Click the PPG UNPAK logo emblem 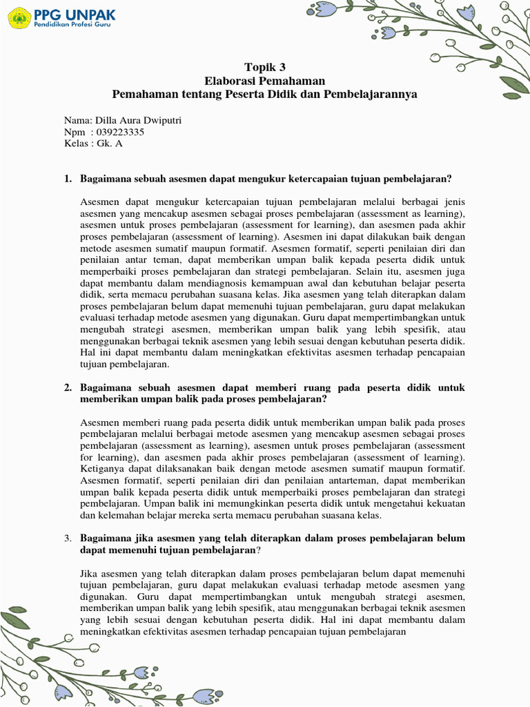(19, 18)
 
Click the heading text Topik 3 (265, 67)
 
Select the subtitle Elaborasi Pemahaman (265, 80)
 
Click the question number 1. (67, 179)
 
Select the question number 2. (67, 388)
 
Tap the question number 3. (67, 539)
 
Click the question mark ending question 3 (259, 550)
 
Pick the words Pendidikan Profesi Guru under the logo (72, 25)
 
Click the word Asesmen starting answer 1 (100, 202)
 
